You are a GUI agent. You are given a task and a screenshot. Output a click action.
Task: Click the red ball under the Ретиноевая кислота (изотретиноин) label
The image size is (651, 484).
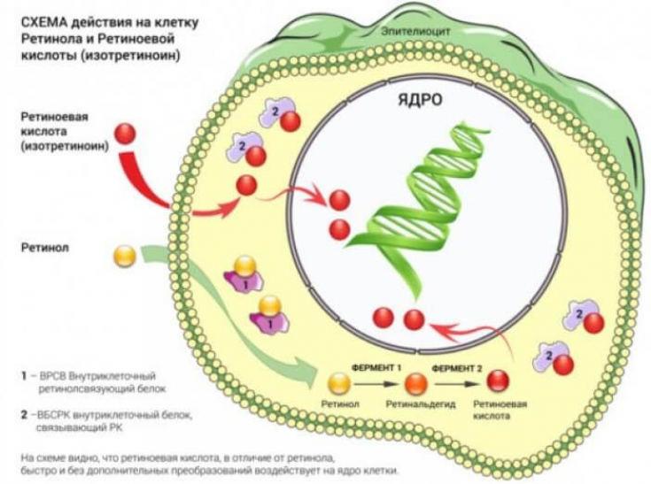127,134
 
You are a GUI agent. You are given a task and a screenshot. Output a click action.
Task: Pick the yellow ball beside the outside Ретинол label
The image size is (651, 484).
125,257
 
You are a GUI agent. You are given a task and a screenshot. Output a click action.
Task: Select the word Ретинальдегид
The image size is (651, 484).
415,405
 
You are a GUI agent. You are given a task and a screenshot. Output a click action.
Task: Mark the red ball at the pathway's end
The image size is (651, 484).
500,382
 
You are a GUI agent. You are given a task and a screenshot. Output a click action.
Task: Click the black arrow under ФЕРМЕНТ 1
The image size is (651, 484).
376,383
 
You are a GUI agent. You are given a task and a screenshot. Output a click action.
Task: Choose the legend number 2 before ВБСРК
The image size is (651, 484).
24,413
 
